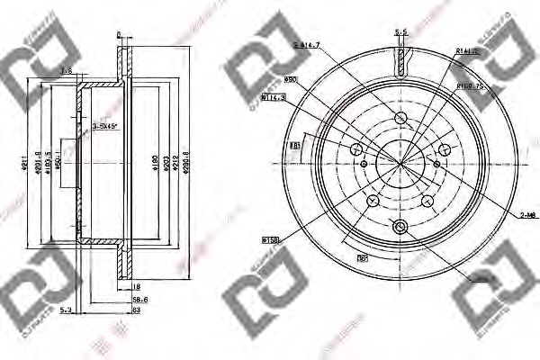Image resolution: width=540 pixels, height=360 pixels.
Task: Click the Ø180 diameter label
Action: tap(154, 163)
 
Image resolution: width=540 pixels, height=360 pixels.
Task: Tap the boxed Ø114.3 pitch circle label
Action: tap(274, 96)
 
